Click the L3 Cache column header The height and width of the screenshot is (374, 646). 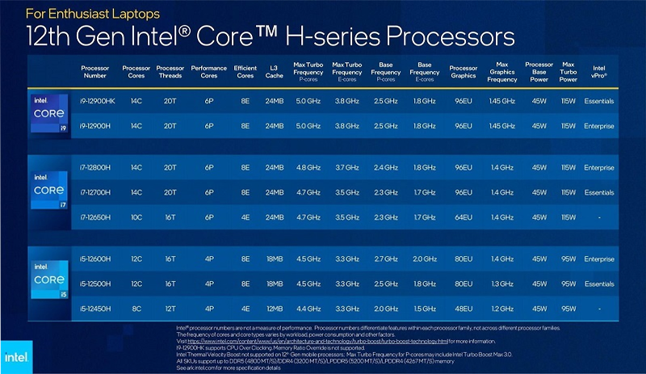pyautogui.click(x=275, y=72)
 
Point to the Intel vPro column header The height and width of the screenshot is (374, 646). pyautogui.click(x=599, y=72)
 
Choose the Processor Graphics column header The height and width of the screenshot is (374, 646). pyautogui.click(x=463, y=72)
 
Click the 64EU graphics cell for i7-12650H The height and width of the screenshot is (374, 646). pyautogui.click(x=463, y=217)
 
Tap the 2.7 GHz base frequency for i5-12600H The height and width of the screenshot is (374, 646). pyautogui.click(x=386, y=259)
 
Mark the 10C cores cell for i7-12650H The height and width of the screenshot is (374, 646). pyautogui.click(x=135, y=217)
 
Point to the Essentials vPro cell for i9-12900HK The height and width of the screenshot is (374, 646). pyautogui.click(x=598, y=101)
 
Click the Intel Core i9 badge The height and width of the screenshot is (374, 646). pyautogui.click(x=48, y=112)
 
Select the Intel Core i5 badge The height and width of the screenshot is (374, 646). pyautogui.click(x=48, y=282)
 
